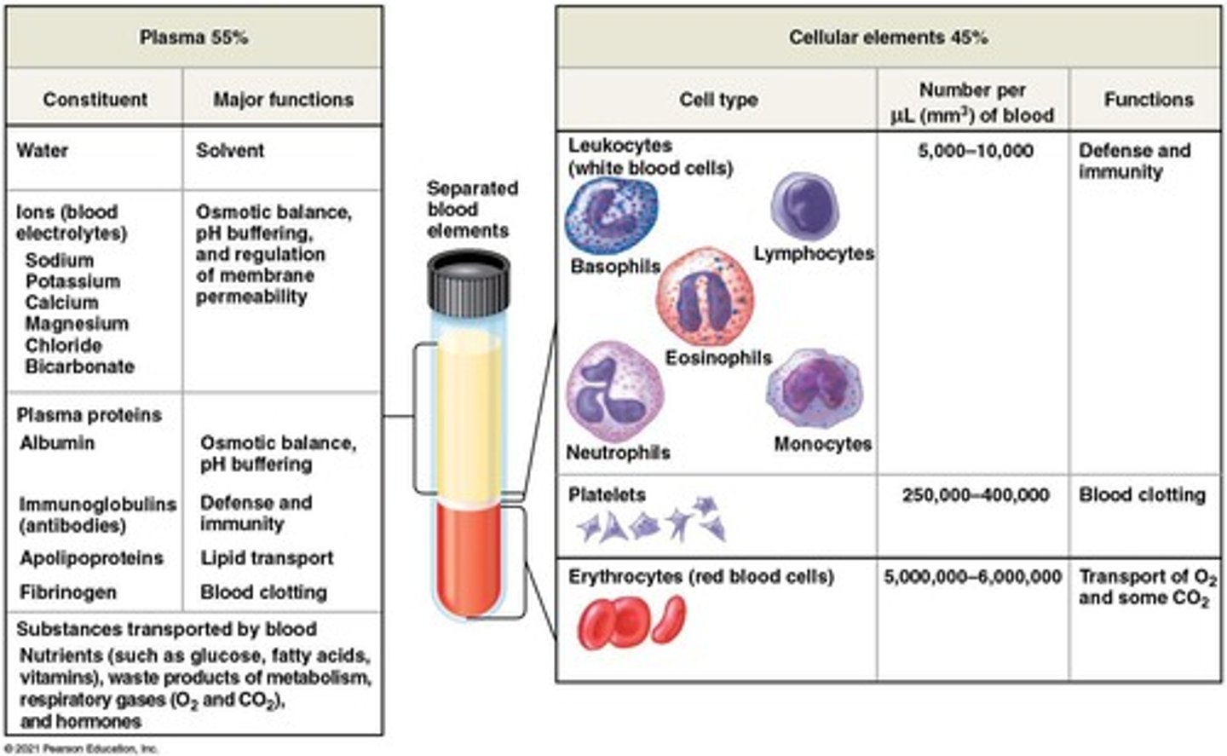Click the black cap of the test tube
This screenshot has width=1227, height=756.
click(x=468, y=281)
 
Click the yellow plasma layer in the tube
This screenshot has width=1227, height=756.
click(x=469, y=409)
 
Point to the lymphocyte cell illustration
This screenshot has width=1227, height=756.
click(x=804, y=207)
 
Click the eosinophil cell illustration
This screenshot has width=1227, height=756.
click(x=704, y=298)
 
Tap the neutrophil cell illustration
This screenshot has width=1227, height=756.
click(x=613, y=392)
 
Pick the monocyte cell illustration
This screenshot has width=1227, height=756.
click(x=814, y=389)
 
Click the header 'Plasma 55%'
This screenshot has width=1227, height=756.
click(x=193, y=38)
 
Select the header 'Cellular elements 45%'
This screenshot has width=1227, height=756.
click(x=887, y=38)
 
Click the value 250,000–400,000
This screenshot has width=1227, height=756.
click(x=975, y=495)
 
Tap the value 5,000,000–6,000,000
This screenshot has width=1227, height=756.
click(x=972, y=577)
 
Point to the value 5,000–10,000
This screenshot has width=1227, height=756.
click(x=975, y=151)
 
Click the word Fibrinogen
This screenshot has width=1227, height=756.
click(x=68, y=592)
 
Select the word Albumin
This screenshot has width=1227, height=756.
click(x=57, y=443)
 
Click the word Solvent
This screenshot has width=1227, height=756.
click(x=230, y=151)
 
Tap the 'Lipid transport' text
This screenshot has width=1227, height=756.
click(x=267, y=558)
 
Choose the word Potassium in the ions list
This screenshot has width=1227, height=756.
click(x=72, y=281)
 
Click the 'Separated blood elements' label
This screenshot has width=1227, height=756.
click(x=471, y=210)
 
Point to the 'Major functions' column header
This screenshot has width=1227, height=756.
click(x=283, y=100)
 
